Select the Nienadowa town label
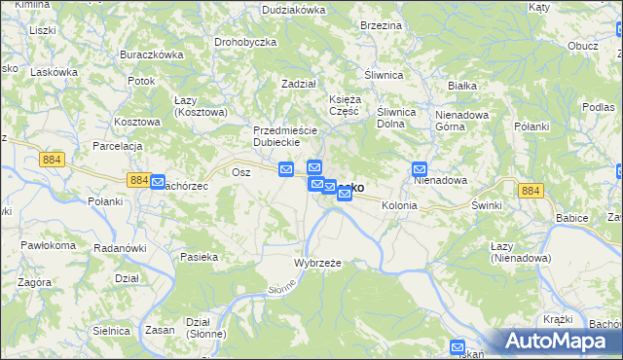(441, 181)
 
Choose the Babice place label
(572, 218)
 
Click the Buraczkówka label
(151, 54)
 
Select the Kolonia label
(399, 206)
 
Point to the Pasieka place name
(199, 257)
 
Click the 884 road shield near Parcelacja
(54, 157)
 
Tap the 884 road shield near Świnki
(530, 191)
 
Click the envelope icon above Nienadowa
(420, 167)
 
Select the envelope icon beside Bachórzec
(158, 181)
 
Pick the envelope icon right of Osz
(286, 168)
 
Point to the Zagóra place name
(34, 281)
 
